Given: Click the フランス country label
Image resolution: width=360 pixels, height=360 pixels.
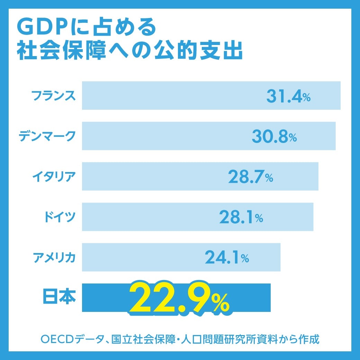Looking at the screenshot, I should click(x=53, y=96).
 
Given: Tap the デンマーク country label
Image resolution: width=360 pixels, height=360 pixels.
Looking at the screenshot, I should click(x=46, y=136).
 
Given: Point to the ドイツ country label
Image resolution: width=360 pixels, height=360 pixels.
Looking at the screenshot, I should click(x=60, y=217).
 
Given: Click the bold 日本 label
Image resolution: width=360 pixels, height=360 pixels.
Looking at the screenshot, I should click(x=58, y=297).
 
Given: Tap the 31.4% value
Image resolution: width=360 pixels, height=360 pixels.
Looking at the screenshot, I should click(x=288, y=97).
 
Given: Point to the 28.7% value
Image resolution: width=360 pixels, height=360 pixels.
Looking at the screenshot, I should click(x=250, y=177).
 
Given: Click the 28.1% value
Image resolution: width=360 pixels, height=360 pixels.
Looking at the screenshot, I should click(x=241, y=218).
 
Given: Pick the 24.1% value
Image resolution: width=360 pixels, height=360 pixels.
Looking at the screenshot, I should click(x=227, y=258).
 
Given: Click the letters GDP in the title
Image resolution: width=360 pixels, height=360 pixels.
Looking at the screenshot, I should click(x=43, y=27).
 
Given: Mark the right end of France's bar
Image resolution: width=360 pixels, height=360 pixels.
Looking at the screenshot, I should click(x=340, y=96).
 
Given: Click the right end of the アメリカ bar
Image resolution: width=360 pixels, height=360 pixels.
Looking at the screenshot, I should click(x=279, y=257).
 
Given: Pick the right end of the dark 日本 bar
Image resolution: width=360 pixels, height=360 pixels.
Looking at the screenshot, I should click(x=270, y=297).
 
